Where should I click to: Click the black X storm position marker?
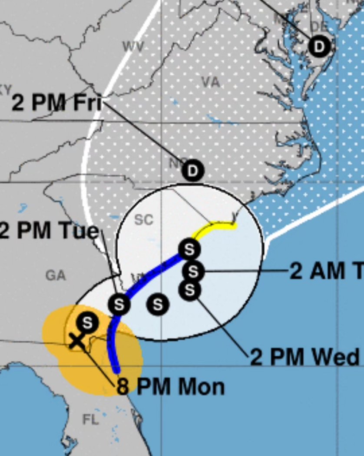click(x=76, y=340)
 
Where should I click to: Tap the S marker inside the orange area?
click(x=87, y=323)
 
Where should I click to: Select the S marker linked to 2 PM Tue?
click(x=119, y=304)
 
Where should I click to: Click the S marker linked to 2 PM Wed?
click(x=190, y=290)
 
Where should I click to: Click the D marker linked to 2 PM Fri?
click(x=192, y=171)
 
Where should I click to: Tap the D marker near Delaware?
click(x=319, y=46)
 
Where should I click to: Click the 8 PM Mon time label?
click(x=171, y=387)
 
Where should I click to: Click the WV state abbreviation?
click(x=133, y=47)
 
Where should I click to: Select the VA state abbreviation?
click(x=211, y=82)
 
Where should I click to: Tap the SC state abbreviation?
click(x=143, y=220)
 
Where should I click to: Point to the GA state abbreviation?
click(x=56, y=275)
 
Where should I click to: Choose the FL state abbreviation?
click(x=90, y=419)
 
